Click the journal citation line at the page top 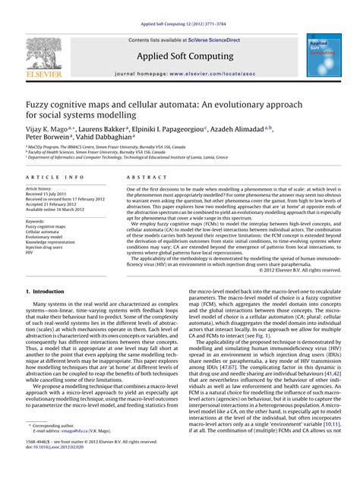tap(180, 24)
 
